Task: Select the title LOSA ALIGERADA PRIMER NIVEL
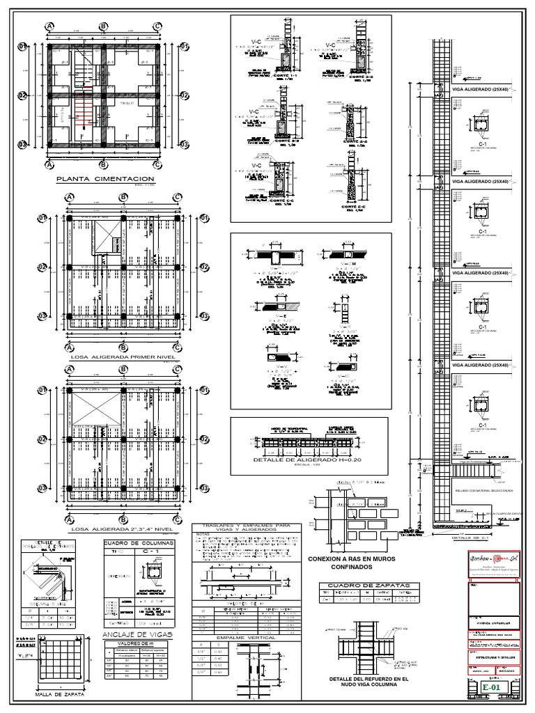[x=123, y=356]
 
